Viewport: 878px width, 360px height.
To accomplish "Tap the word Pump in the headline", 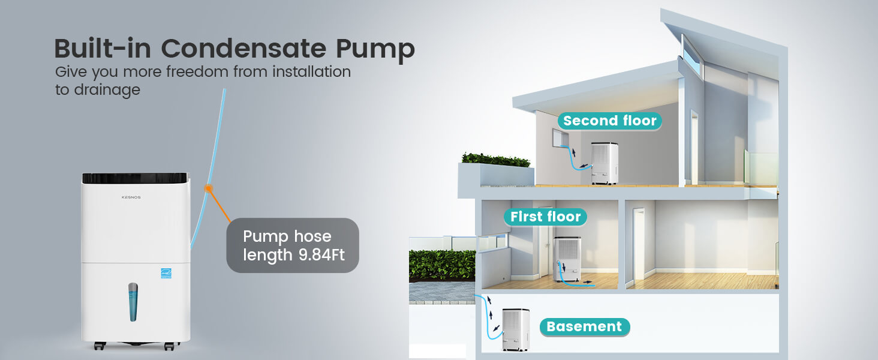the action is coord(375,50).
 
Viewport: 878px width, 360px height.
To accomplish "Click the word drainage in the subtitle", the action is coord(107,90).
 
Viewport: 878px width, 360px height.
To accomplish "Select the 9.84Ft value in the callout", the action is coord(321,255).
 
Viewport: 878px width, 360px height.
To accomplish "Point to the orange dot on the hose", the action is coord(209,188).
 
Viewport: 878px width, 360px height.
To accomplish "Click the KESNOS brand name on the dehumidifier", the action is coord(131,197).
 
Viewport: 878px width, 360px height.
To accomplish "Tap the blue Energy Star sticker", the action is coord(166,274).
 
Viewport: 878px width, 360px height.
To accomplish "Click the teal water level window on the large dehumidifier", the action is coord(133,302).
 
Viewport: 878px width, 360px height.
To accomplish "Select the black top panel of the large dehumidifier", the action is coord(135,178).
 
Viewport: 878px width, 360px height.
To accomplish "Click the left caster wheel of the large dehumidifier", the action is coord(100,346).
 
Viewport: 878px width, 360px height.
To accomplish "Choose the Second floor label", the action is coord(609,121).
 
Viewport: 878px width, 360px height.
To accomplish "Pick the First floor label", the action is coord(545,217).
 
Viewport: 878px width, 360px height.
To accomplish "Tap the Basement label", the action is coord(584,326).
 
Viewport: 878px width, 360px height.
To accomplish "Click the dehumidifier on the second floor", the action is coord(605,163).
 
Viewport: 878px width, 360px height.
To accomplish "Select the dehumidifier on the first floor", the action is coord(567,259).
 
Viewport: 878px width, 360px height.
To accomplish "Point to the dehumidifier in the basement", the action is coord(516,329).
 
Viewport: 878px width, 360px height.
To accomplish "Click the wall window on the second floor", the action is coord(561,137).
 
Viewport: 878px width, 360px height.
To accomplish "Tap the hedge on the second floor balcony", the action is coord(496,160).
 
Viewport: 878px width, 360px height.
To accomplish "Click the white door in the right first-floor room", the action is coord(639,244).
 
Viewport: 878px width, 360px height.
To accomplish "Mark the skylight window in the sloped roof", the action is coord(692,55).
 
